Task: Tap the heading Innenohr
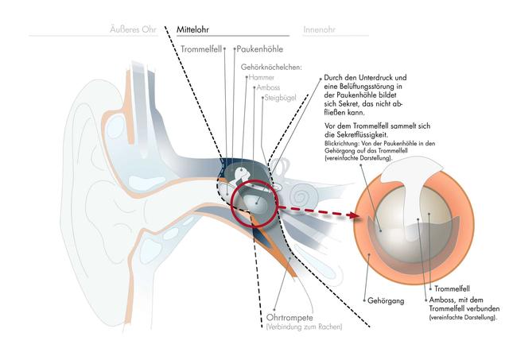(x=320, y=29)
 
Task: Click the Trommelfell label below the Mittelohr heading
(x=200, y=50)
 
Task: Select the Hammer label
(x=261, y=78)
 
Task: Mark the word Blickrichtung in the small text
(x=344, y=144)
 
